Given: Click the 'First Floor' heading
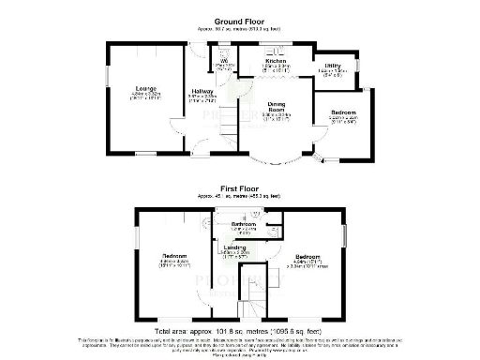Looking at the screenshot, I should [241, 188].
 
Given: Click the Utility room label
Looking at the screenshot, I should [333, 66].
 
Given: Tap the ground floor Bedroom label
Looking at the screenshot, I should [344, 113].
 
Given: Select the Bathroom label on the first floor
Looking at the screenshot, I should [245, 225].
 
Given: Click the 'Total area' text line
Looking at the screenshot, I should [240, 332].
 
